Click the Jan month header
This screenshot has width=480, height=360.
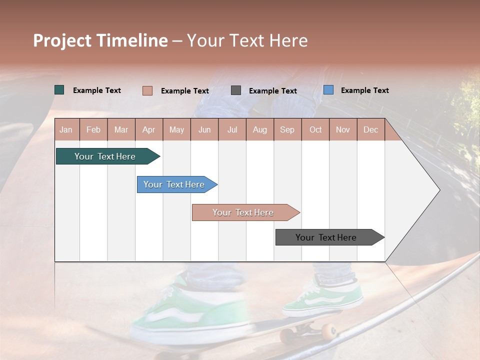(66, 129)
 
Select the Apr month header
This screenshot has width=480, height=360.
(148, 129)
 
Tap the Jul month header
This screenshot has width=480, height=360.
(232, 129)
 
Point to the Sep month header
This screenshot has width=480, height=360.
(287, 129)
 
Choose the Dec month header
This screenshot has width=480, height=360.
(370, 129)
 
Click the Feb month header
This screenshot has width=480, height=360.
(93, 129)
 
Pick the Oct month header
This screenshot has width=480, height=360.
(315, 129)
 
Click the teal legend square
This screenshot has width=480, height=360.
(59, 90)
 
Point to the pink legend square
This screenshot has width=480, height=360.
(147, 90)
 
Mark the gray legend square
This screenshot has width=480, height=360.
(236, 90)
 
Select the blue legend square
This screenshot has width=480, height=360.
(328, 90)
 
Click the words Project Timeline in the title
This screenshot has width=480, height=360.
(100, 40)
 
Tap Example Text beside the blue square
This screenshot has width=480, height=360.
(364, 90)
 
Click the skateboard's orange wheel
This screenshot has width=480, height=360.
(329, 330)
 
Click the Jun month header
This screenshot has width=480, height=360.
(204, 129)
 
